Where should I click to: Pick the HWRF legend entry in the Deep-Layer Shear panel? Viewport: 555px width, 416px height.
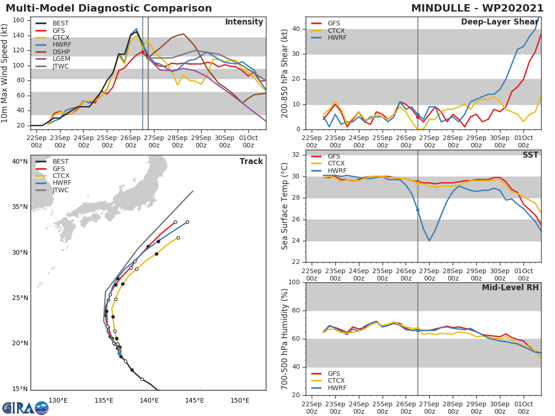(337, 38)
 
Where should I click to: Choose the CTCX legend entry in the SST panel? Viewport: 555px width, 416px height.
(336, 164)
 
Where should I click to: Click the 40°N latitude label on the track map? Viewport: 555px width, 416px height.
(20, 161)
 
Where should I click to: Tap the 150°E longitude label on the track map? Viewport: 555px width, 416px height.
(240, 400)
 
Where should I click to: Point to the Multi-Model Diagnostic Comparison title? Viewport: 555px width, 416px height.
(109, 8)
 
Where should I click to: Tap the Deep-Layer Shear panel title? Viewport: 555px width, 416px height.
(499, 22)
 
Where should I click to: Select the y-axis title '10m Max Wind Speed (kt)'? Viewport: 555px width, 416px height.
(5, 73)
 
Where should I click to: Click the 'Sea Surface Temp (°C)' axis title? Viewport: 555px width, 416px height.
(285, 206)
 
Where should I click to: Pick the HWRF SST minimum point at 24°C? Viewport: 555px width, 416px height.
(429, 240)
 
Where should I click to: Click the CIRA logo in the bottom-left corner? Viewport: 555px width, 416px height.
(25, 408)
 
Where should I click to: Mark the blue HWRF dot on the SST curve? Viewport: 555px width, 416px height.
(418, 210)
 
